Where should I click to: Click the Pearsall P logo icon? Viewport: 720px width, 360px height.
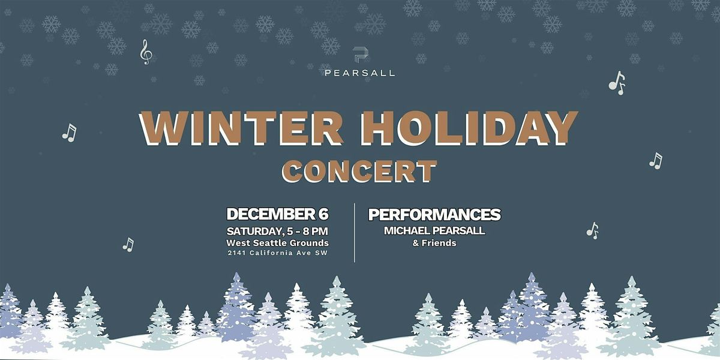[360, 55]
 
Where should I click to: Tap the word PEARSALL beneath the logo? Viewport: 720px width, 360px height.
[360, 73]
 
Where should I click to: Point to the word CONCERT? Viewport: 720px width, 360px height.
[359, 170]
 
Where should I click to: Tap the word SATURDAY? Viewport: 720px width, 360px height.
[252, 231]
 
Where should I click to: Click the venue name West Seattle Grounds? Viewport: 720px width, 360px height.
[277, 243]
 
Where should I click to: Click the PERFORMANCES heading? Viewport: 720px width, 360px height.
[434, 215]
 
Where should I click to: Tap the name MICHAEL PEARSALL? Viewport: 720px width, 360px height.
[434, 230]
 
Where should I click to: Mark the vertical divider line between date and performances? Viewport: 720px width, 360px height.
[355, 233]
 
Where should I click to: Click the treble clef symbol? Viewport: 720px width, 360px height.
[146, 52]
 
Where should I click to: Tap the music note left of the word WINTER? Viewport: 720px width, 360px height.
[70, 133]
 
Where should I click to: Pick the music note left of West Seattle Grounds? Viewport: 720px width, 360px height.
[128, 244]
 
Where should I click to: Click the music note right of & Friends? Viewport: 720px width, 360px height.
[593, 230]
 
